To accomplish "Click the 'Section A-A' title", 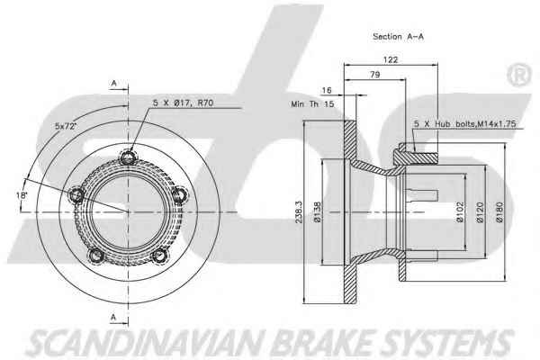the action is click(398, 37).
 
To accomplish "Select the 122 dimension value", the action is click(391, 59).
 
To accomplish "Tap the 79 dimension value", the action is click(374, 75).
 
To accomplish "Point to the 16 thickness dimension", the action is click(326, 90).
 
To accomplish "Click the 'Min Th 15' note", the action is click(312, 103).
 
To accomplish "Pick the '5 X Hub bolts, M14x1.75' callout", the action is click(464, 124).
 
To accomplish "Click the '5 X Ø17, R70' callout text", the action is click(184, 103).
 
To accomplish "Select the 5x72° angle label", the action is click(65, 126).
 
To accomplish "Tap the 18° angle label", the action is click(22, 195).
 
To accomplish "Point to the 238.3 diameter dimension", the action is click(299, 212).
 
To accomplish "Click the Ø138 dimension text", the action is click(317, 211).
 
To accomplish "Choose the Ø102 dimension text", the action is click(460, 212).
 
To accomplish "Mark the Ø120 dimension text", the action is click(480, 212).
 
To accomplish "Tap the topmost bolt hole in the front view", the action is click(128, 157).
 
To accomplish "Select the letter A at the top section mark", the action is click(114, 84).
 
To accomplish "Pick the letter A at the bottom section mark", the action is click(113, 317).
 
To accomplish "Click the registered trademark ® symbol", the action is click(518, 75).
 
